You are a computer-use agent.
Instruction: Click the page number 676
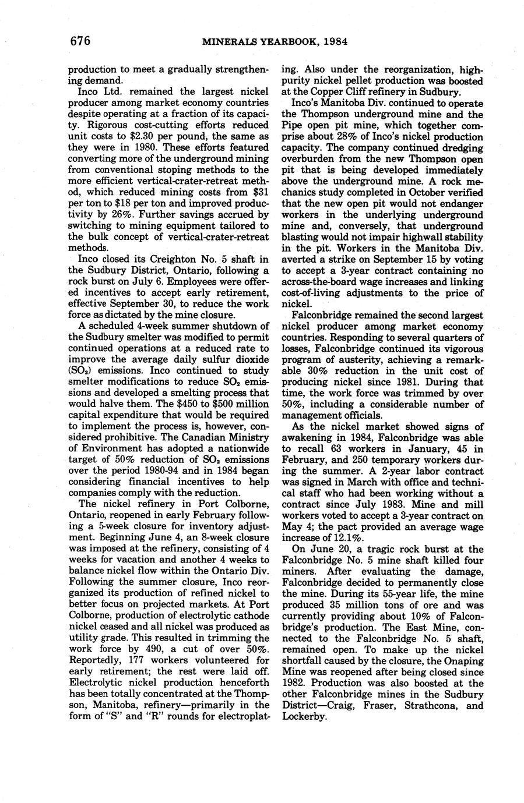click(80, 40)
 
